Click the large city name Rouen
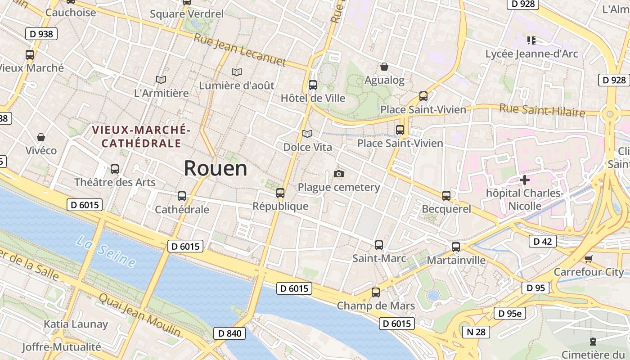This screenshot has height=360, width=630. coord(216,168)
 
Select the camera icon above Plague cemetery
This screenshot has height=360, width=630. coord(339,174)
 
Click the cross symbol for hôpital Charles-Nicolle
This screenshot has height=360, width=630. coord(524,180)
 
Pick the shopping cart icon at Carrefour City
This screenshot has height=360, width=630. coord(588,259)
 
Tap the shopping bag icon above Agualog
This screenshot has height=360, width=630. coord(384,67)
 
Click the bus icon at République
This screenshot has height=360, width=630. coord(280,193)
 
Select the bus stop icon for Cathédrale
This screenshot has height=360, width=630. coord(182,196)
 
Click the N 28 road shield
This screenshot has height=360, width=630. coord(476,332)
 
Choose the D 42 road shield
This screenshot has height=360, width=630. coord(542,242)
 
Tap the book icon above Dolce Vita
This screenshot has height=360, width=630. coord(307,134)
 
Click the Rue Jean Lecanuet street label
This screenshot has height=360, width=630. coord(240,50)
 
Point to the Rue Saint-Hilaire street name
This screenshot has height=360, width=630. coord(542,110)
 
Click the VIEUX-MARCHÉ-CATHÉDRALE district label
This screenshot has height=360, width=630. coord(141,137)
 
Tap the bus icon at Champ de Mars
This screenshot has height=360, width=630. coord(376,292)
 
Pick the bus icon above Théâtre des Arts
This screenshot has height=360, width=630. coord(115,169)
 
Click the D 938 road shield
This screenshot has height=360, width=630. coord(41,34)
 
